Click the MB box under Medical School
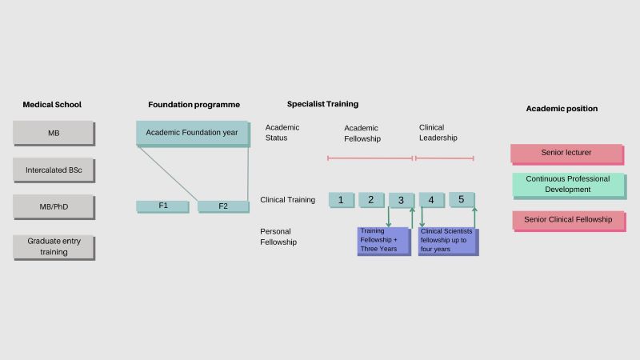pyautogui.click(x=53, y=133)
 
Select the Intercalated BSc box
pyautogui.click(x=53, y=170)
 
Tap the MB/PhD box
pyautogui.click(x=53, y=206)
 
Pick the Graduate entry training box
pyautogui.click(x=53, y=246)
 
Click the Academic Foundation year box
pyautogui.click(x=192, y=133)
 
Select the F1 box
pyautogui.click(x=163, y=206)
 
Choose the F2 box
pyautogui.click(x=223, y=206)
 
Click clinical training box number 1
pyautogui.click(x=341, y=199)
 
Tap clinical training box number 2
pyautogui.click(x=371, y=199)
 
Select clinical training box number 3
pyautogui.click(x=401, y=199)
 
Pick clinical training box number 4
pyautogui.click(x=431, y=199)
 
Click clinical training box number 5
pyautogui.click(x=462, y=199)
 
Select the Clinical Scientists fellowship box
pyautogui.click(x=448, y=240)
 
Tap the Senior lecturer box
pyautogui.click(x=566, y=153)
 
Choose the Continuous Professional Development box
pyautogui.click(x=568, y=184)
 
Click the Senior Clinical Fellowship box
pyautogui.click(x=568, y=219)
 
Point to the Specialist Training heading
pyautogui.click(x=322, y=104)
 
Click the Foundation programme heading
pyautogui.click(x=194, y=105)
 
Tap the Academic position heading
pyautogui.click(x=562, y=108)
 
